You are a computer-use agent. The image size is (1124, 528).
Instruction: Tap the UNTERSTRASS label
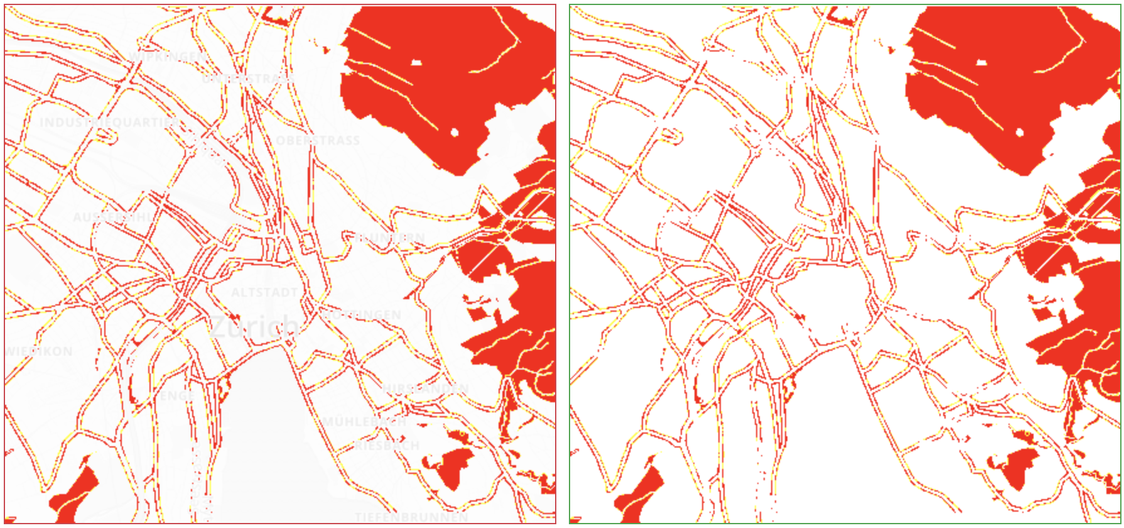tap(248, 79)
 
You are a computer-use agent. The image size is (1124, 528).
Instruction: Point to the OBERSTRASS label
tap(318, 140)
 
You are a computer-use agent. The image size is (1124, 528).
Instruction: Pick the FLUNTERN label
tap(390, 238)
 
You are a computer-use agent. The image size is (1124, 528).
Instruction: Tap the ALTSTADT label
tap(264, 292)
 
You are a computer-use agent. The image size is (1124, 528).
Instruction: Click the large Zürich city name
tap(254, 326)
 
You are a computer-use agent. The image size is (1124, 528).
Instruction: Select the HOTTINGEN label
tap(362, 314)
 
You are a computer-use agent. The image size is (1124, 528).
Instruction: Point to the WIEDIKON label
tap(39, 351)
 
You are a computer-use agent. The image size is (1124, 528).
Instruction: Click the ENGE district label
tap(173, 395)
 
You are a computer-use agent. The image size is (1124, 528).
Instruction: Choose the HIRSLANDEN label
tap(425, 388)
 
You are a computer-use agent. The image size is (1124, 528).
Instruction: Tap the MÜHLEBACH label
tap(365, 421)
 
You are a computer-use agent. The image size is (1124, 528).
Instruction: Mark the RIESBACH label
tap(387, 446)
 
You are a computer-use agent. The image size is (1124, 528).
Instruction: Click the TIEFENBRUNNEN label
tap(411, 517)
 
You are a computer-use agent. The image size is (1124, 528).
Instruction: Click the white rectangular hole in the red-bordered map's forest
tap(416, 62)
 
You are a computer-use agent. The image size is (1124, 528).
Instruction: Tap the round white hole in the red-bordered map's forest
tap(455, 132)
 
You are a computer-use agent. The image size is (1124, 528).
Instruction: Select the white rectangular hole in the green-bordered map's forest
tap(981, 62)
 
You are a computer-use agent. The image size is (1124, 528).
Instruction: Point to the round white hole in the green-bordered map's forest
tap(1020, 132)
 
